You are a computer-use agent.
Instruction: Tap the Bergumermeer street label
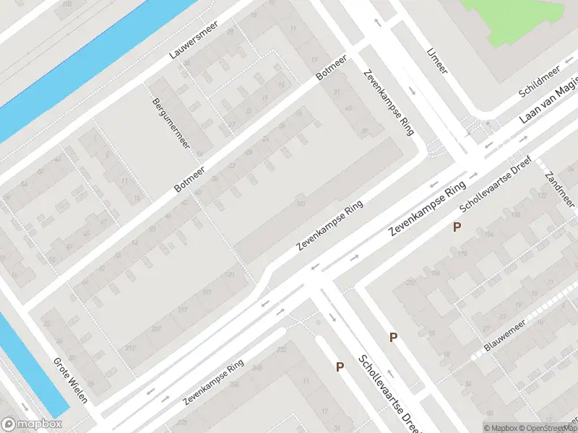pos(171,123)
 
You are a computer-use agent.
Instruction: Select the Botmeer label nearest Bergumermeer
pos(190,178)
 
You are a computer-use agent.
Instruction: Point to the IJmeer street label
pos(437,61)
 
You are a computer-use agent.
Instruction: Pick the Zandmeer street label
pos(560,188)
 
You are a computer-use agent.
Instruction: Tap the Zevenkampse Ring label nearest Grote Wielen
pos(213,383)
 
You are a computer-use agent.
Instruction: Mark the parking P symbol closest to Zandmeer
pos(457,227)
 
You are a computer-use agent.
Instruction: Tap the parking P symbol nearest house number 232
pos(340,367)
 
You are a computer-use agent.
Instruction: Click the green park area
pos(517,18)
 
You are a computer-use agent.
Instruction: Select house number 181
pos(207,292)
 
